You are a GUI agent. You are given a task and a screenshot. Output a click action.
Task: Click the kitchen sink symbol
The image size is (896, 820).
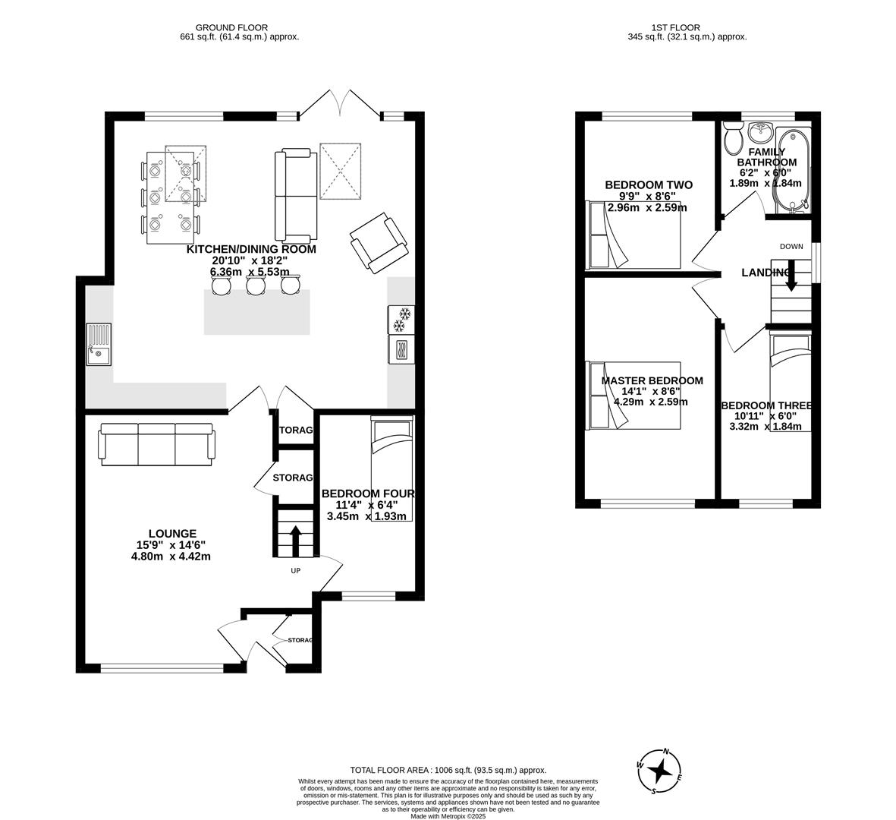(x=98, y=344)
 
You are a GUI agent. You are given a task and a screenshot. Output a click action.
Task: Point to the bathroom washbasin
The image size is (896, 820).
(x=760, y=133)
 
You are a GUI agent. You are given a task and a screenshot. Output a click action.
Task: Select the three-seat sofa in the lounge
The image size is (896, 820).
(x=156, y=443)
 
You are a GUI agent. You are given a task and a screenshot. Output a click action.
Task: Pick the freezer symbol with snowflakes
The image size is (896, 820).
(x=401, y=320)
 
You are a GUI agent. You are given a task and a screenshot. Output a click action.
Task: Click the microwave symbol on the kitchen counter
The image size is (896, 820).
(x=401, y=349)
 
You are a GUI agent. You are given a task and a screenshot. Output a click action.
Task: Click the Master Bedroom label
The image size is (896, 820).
(x=652, y=381)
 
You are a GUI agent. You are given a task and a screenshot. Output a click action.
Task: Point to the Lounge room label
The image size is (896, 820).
(x=172, y=534)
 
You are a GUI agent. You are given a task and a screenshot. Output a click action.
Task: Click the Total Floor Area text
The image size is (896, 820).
(x=448, y=770)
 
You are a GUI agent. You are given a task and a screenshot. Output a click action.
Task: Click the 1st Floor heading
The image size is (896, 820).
(x=687, y=27)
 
